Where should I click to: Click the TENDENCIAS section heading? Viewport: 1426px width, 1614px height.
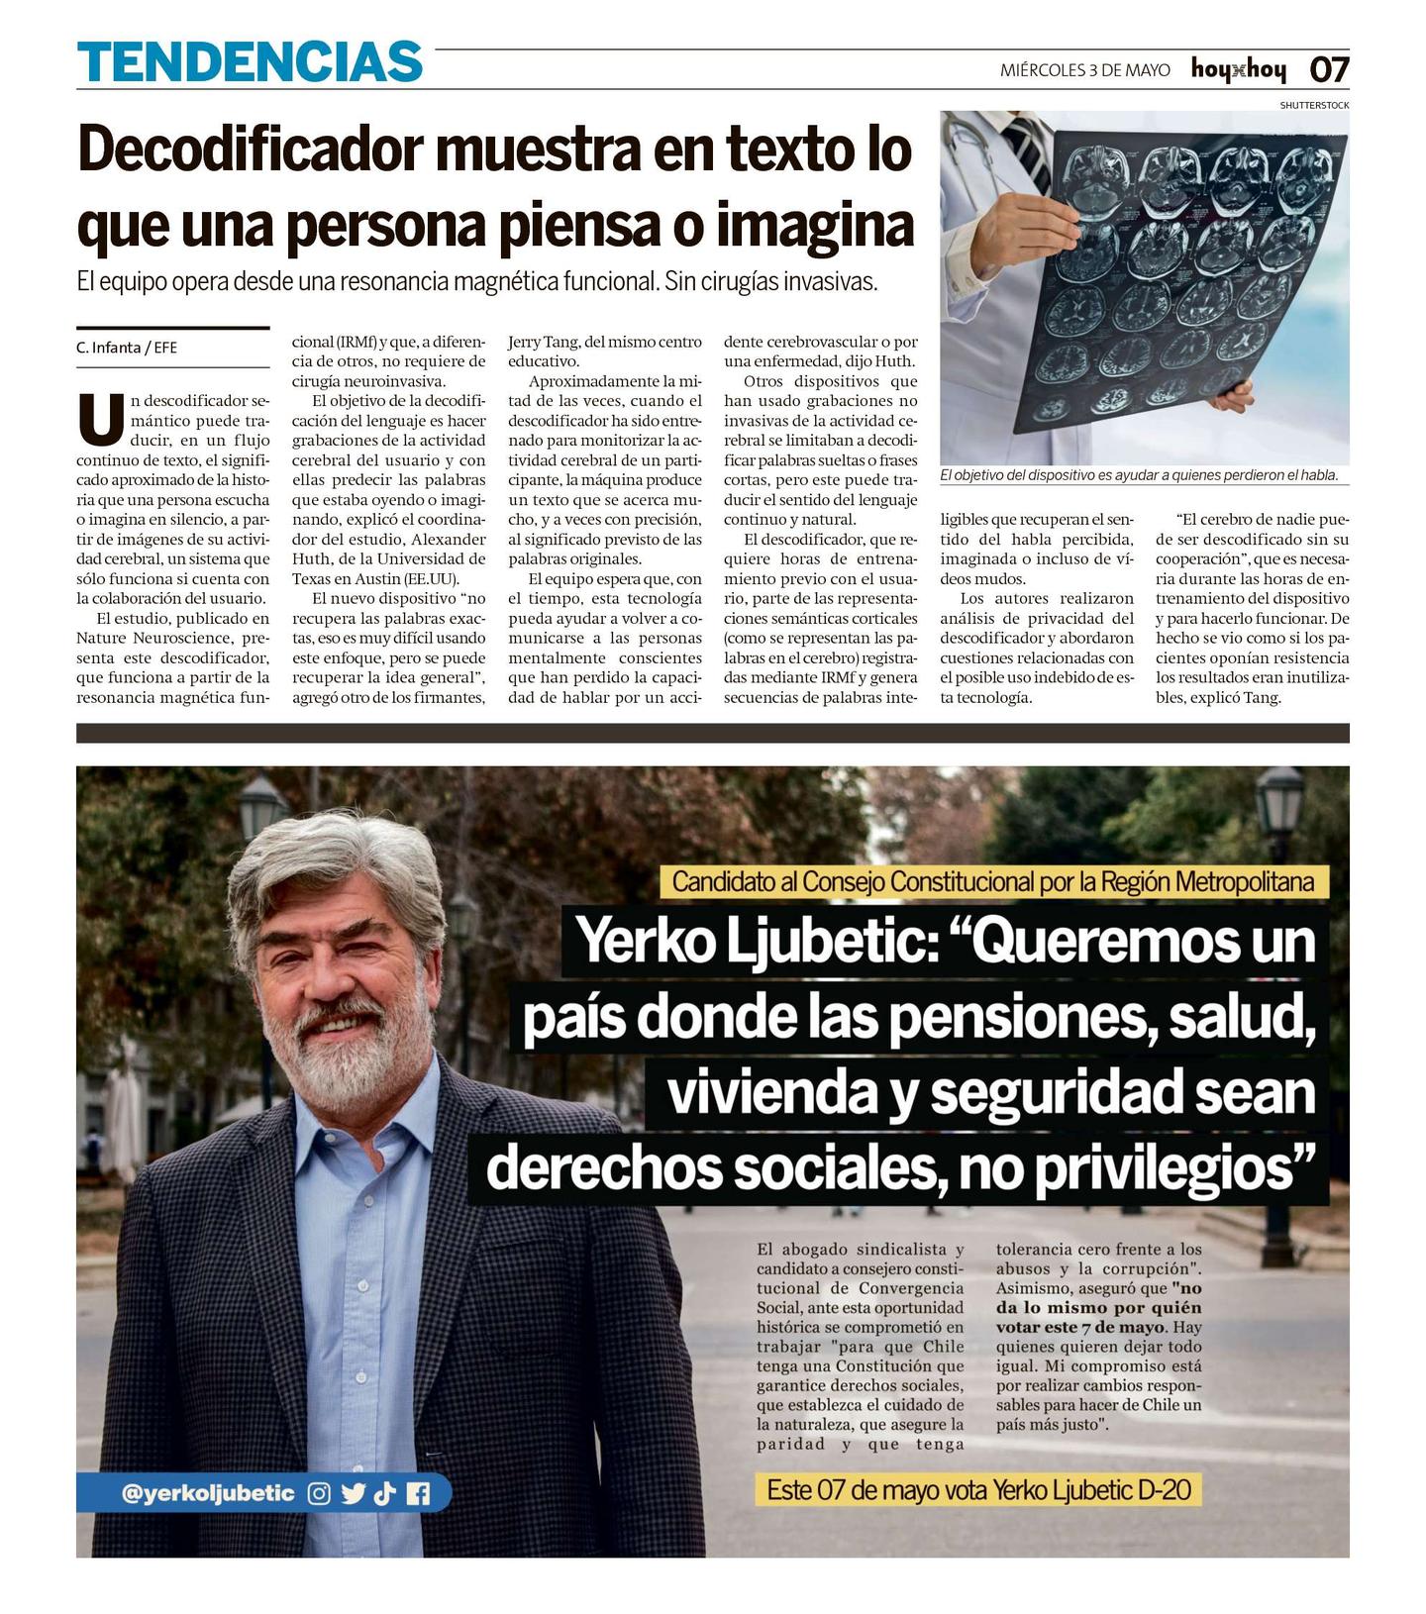(250, 61)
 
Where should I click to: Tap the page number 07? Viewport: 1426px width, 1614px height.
(1329, 69)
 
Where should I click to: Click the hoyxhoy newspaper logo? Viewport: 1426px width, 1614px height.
(1238, 69)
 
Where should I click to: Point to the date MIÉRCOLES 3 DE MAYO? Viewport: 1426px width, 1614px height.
(1084, 70)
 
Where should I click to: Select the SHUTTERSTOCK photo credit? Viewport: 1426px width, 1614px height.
(1314, 105)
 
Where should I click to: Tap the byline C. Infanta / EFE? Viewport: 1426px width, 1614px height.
(127, 348)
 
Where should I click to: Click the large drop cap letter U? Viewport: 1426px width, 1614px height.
(101, 420)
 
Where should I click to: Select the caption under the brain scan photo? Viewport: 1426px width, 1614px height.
(1139, 475)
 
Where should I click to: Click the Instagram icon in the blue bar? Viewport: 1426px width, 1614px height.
(319, 1493)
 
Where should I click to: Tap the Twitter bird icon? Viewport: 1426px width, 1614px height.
(353, 1493)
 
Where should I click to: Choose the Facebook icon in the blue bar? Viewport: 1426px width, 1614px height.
(418, 1493)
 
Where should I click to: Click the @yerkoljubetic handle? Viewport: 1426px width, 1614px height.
(208, 1493)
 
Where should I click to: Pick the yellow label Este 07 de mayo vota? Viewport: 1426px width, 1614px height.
(978, 1489)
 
